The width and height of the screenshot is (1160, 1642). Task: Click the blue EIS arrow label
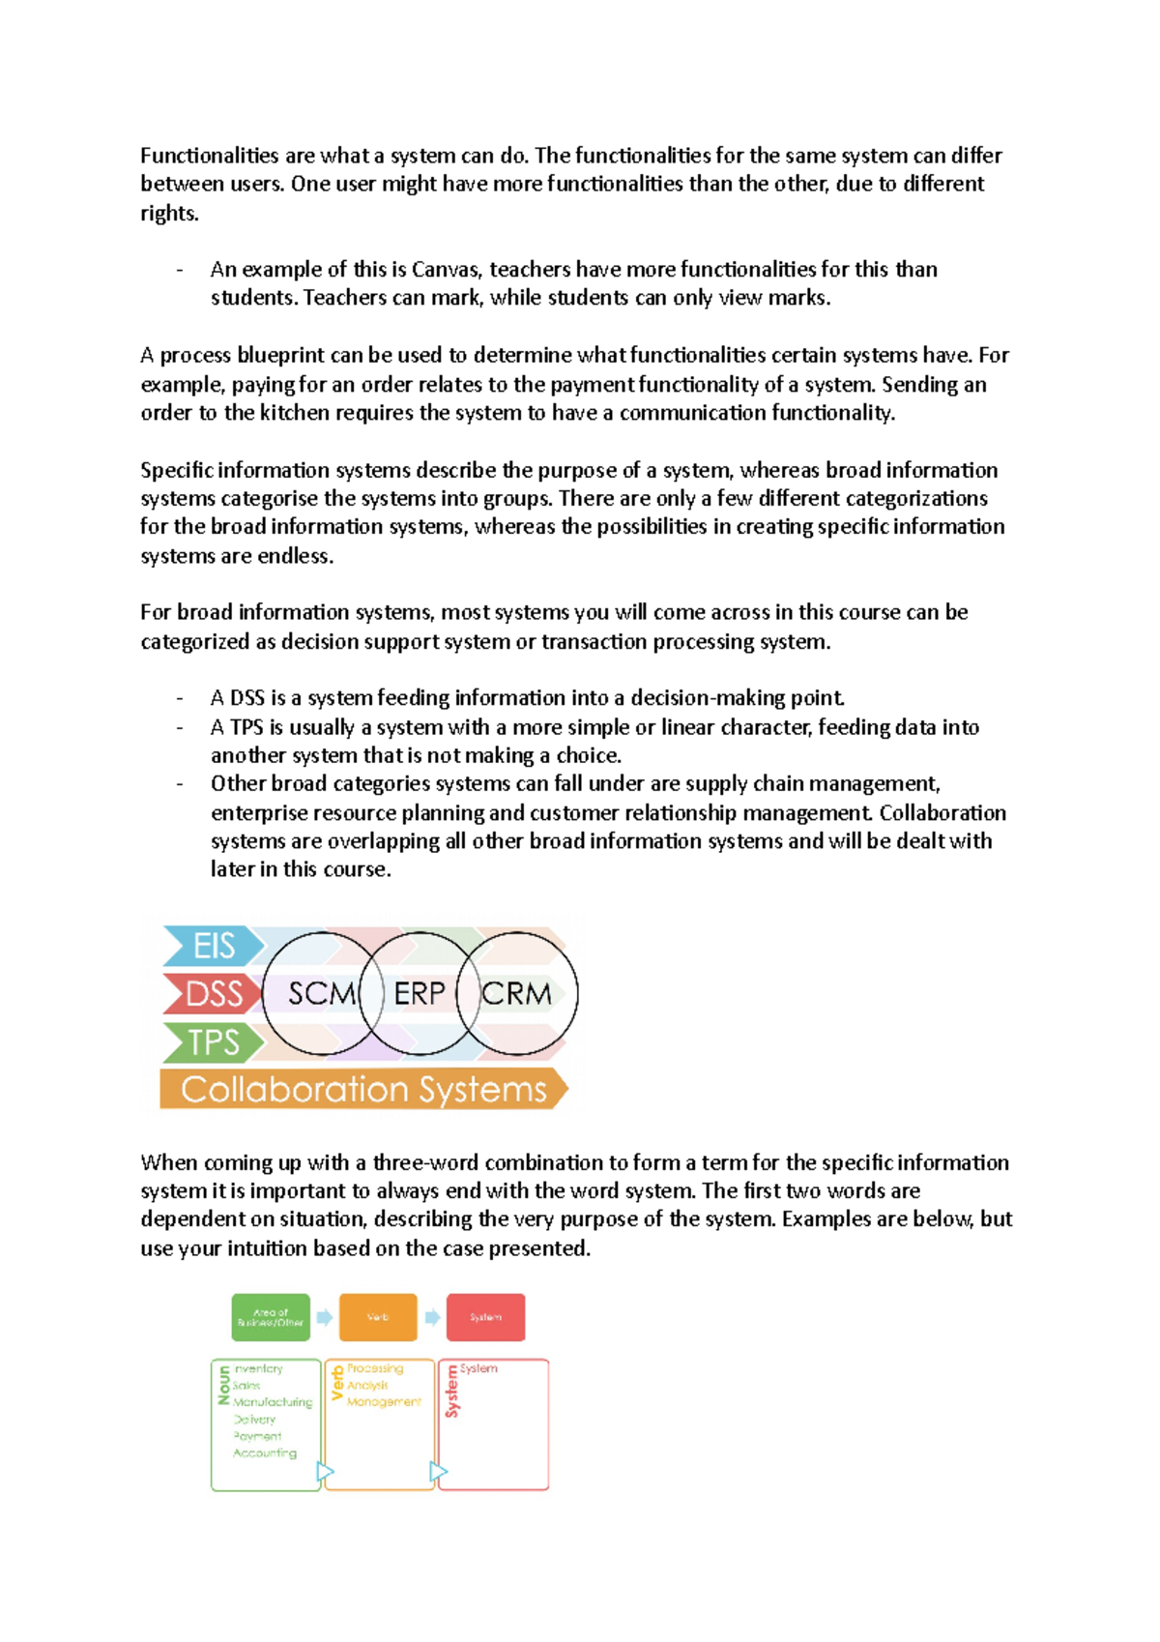click(x=214, y=945)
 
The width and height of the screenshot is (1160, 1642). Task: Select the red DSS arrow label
click(x=214, y=993)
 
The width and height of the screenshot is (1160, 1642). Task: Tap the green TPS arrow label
click(x=214, y=1041)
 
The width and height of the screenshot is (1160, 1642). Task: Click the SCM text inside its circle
click(x=322, y=993)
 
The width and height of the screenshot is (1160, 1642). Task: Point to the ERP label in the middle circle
click(x=420, y=993)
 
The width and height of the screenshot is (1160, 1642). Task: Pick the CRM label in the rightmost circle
click(x=517, y=993)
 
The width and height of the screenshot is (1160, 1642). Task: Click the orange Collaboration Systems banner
click(x=363, y=1089)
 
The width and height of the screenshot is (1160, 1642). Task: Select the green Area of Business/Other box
click(x=271, y=1317)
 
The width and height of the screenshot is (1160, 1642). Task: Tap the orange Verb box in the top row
click(x=378, y=1317)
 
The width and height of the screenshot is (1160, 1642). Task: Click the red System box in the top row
click(x=485, y=1317)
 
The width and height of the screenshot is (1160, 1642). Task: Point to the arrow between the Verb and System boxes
click(x=432, y=1317)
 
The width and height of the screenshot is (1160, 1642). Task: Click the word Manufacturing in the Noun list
click(x=273, y=1402)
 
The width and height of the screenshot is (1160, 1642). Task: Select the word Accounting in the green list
click(x=265, y=1452)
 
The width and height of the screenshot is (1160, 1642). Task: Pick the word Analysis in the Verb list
click(x=367, y=1385)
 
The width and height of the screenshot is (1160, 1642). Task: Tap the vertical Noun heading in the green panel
click(x=224, y=1385)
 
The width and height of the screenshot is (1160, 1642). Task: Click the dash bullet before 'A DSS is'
click(x=180, y=698)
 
